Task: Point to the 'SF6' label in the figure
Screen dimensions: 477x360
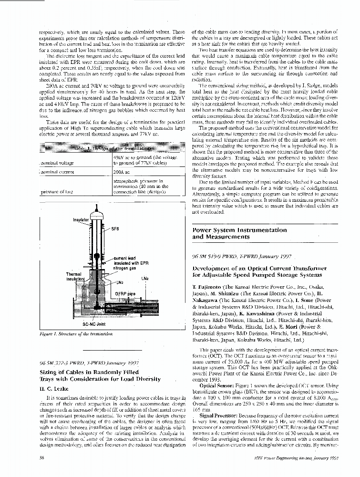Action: coord(115,228)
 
